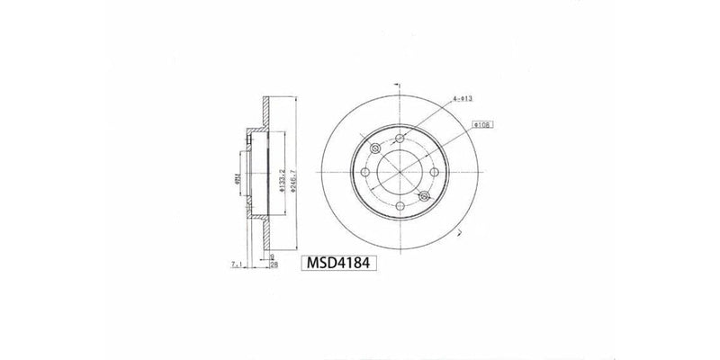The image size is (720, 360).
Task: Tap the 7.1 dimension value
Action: [238, 265]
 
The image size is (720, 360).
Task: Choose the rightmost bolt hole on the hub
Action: [432, 170]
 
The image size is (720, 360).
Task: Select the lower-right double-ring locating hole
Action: [425, 195]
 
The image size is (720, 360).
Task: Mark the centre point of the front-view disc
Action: [400, 170]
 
